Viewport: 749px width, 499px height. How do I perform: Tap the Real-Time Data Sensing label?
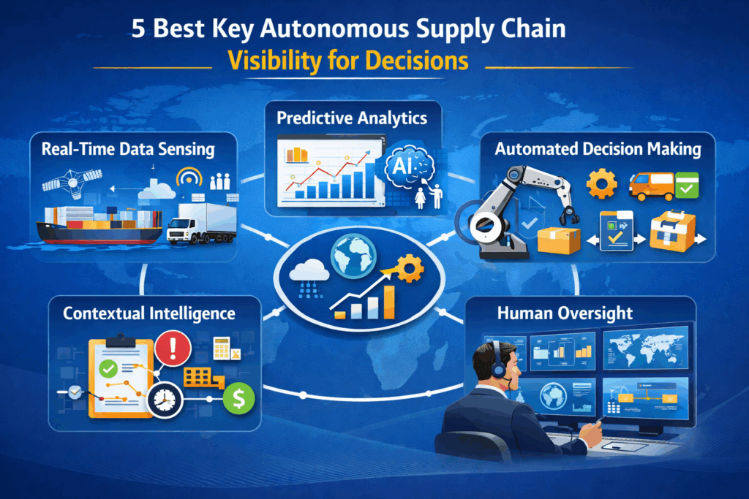[x=128, y=150]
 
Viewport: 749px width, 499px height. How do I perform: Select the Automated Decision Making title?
[x=598, y=150]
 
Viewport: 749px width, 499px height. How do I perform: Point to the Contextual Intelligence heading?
[x=149, y=313]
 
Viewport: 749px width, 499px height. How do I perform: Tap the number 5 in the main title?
[x=138, y=28]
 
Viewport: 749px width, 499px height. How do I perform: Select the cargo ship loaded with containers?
[x=99, y=223]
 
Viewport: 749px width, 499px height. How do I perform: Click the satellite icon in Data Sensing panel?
[x=68, y=182]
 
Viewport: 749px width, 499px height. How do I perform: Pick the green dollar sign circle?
[x=238, y=399]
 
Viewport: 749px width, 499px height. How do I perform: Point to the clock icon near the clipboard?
[x=165, y=399]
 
